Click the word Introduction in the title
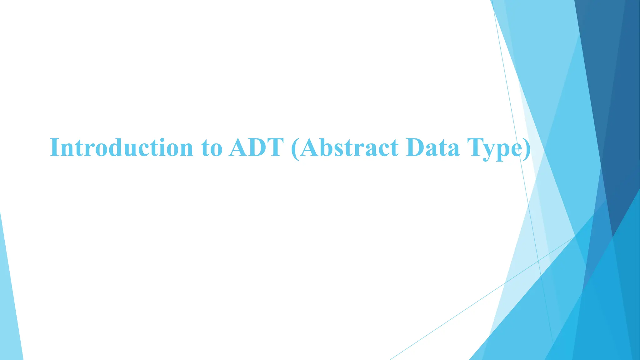pos(121,147)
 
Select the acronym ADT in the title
pos(256,147)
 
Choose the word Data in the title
pos(432,147)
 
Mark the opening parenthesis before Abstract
pos(295,149)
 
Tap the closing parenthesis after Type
pos(527,149)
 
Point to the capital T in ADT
pos(275,147)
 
